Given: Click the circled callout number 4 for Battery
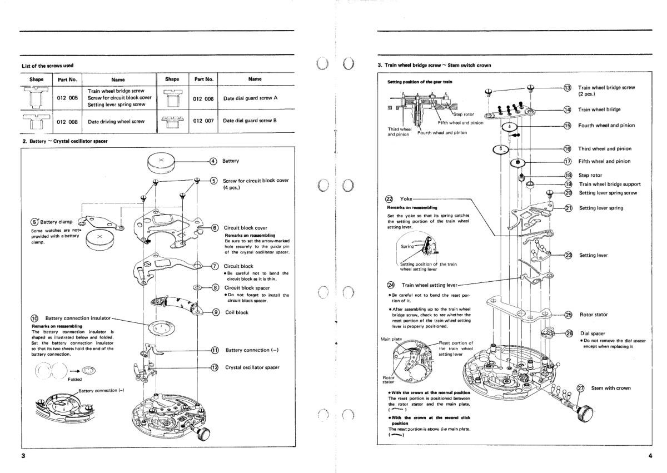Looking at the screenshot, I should tap(213, 162).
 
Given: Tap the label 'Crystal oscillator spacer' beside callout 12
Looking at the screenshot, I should tap(253, 367).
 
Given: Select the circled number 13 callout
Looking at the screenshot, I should tap(568, 88).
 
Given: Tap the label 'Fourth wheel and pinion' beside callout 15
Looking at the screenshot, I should tap(606, 126).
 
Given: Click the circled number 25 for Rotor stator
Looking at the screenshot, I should tap(568, 315).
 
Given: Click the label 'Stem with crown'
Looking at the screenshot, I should tap(611, 388).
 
